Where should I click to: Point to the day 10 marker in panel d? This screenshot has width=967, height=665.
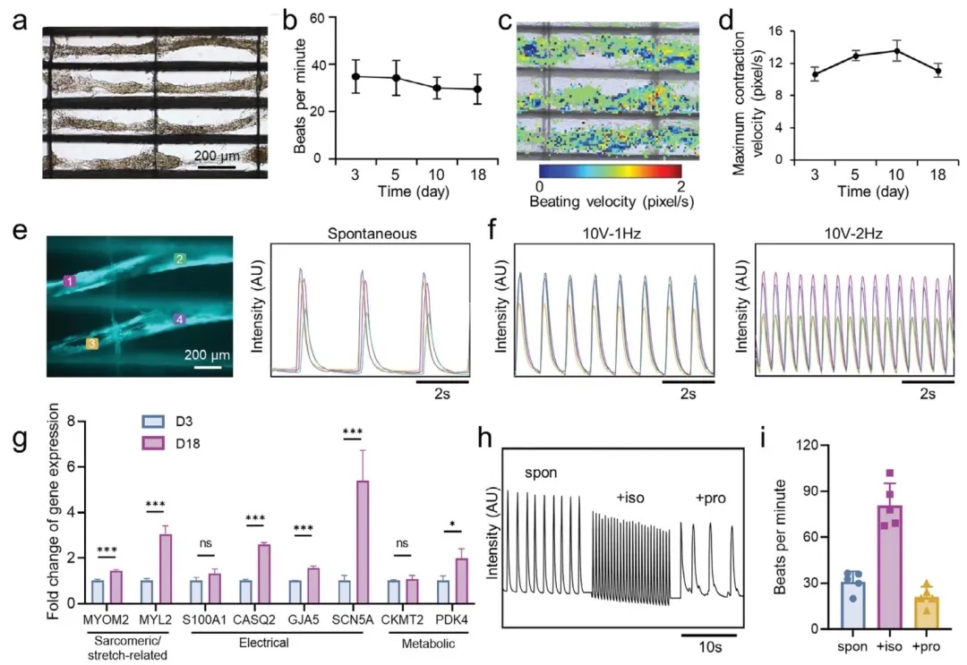(871, 51)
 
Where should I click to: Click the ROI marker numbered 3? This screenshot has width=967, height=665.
(92, 343)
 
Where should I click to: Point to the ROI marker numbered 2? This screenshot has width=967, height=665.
(180, 260)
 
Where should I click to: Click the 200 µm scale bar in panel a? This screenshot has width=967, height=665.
(216, 166)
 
